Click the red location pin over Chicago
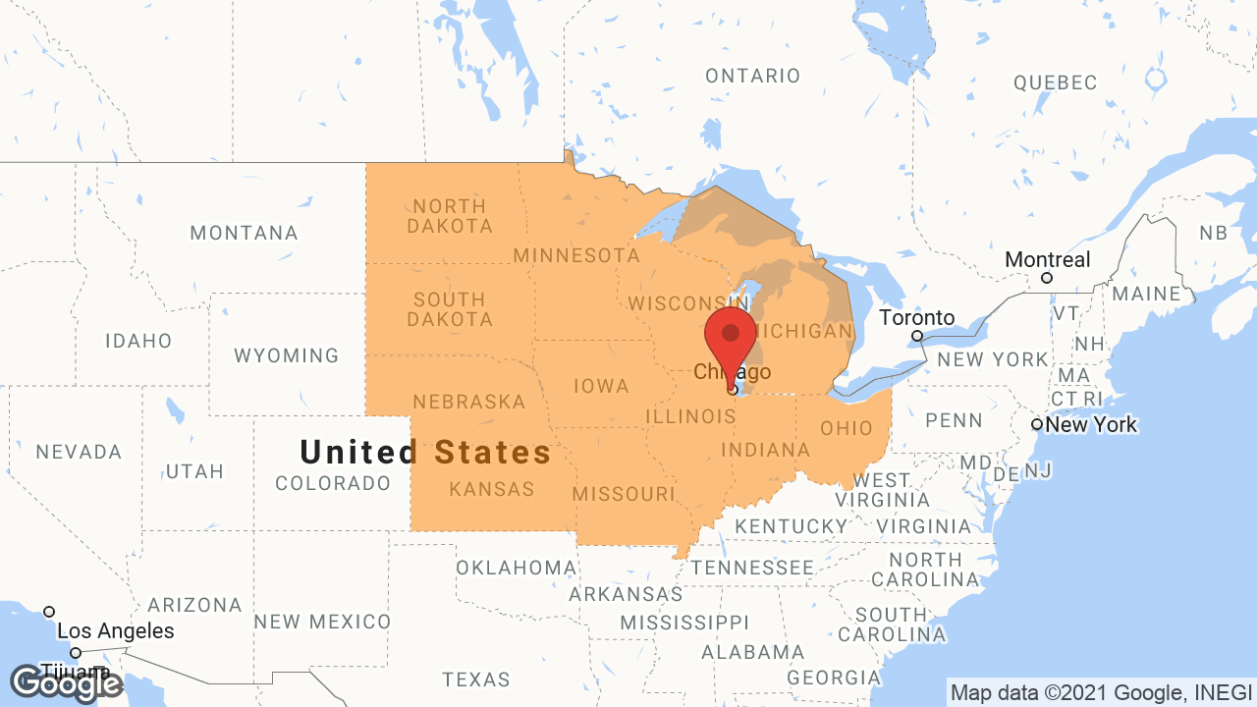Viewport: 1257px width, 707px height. click(x=731, y=339)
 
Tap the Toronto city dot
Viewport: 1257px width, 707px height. click(x=917, y=336)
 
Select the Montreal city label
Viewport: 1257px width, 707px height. click(x=1047, y=260)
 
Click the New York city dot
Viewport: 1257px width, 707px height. click(x=1037, y=424)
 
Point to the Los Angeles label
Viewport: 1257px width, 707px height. click(x=115, y=631)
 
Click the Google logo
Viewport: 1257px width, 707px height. click(x=66, y=683)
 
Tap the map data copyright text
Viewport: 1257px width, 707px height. click(x=1100, y=692)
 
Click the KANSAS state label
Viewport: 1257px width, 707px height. click(x=491, y=489)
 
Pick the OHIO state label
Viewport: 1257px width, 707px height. click(x=847, y=428)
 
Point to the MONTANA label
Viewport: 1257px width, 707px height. click(x=244, y=233)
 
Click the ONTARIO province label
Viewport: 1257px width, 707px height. click(x=753, y=76)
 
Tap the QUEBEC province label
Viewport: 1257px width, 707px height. click(x=1055, y=82)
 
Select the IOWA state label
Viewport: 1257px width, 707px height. click(x=601, y=386)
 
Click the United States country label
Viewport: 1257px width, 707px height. click(x=425, y=452)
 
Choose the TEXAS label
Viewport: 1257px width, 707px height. click(x=476, y=679)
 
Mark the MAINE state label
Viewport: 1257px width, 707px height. click(x=1147, y=294)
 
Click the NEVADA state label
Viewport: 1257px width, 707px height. click(x=79, y=452)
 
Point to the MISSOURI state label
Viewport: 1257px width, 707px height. click(x=624, y=493)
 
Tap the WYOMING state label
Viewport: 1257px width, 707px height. click(x=286, y=355)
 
